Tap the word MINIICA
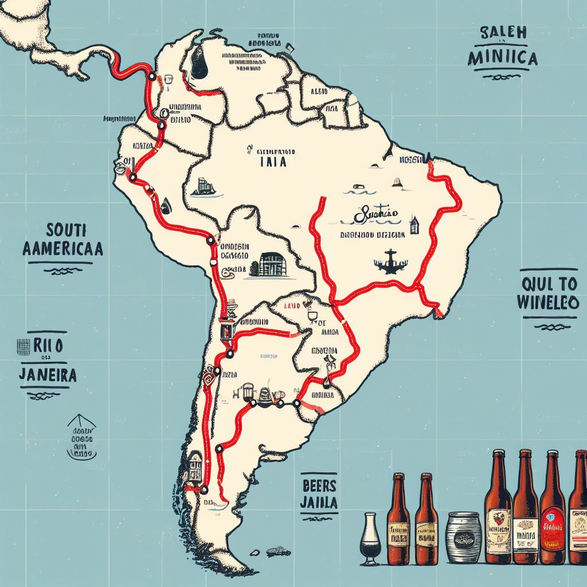pos(502,58)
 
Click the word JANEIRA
pos(48,375)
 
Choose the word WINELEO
pos(547,303)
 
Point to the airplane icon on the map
pos(390,261)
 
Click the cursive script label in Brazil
pos(376,217)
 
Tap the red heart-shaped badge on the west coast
pos(209,379)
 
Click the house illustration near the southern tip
pos(195,467)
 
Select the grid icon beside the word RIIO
pos(24,346)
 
